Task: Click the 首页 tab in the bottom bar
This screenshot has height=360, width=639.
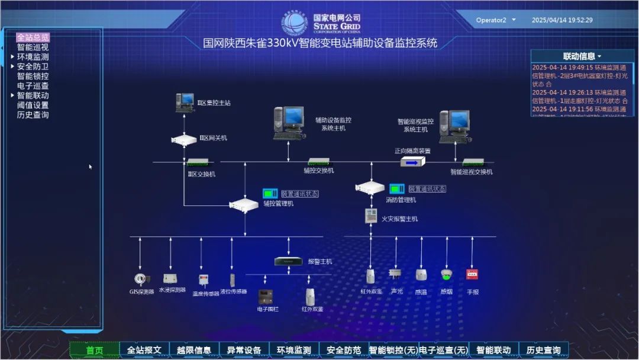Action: point(95,350)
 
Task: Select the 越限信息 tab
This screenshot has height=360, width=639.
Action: point(194,350)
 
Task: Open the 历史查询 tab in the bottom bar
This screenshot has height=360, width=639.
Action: point(543,350)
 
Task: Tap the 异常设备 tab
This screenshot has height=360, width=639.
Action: point(244,350)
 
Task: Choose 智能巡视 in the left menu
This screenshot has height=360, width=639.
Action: point(33,47)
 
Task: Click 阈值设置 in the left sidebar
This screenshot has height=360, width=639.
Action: point(33,105)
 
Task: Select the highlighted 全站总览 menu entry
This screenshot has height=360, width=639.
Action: point(33,37)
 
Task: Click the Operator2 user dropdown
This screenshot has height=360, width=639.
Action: point(496,20)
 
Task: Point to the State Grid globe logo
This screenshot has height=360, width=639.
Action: point(295,23)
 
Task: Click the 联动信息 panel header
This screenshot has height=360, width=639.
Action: point(582,56)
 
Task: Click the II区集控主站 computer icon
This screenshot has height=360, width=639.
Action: point(185,102)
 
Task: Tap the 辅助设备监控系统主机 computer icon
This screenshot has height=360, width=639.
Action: point(288,123)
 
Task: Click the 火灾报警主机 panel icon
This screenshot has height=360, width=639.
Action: point(371,216)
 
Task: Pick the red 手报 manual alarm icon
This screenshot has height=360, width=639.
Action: point(472,275)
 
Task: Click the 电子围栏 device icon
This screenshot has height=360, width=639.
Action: point(264,296)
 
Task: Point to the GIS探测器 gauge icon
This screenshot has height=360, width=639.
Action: point(140,278)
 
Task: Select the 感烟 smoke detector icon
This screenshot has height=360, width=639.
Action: point(446,275)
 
